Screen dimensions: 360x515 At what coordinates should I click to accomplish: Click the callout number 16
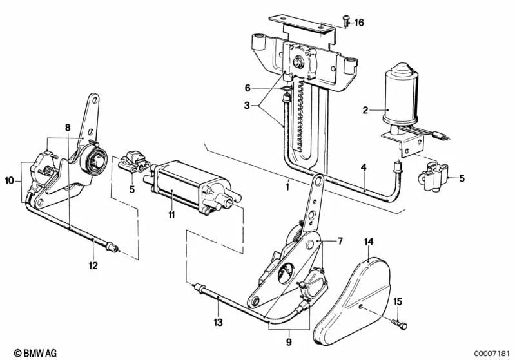[x=359, y=23]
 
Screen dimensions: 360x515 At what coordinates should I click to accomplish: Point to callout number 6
[x=246, y=88]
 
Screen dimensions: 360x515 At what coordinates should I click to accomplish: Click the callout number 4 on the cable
[x=364, y=167]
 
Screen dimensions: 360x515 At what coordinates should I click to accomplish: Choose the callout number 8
[x=68, y=128]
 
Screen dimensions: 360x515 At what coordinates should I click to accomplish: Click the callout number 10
[x=9, y=182]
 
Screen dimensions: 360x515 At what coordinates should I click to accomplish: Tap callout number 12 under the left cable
[x=93, y=264]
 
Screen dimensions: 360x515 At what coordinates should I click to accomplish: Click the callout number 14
[x=369, y=242]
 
